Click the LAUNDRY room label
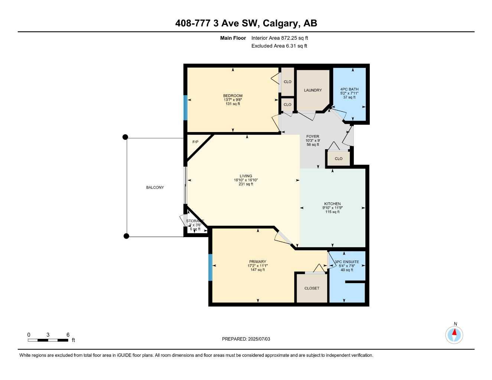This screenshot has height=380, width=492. click(313, 90)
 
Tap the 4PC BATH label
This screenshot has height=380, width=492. click(349, 89)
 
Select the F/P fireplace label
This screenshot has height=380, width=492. click(195, 142)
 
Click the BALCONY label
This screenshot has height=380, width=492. click(155, 187)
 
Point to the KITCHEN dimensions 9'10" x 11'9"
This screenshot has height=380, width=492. click(332, 208)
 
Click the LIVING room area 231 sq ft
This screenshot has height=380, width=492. click(246, 184)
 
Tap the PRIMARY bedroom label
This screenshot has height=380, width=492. click(257, 262)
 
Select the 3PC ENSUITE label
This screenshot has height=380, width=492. click(347, 262)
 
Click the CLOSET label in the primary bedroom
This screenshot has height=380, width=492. click(312, 288)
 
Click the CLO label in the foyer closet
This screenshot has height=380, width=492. click(338, 158)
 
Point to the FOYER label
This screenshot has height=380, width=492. click(313, 137)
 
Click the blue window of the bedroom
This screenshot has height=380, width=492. click(185, 108)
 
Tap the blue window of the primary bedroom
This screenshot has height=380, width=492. click(211, 267)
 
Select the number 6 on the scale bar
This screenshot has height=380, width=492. click(68, 335)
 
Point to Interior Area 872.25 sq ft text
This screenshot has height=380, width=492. click(280, 38)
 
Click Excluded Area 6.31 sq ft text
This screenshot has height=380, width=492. click(279, 46)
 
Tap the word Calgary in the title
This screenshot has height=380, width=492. click(280, 23)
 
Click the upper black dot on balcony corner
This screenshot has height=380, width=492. click(126, 137)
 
